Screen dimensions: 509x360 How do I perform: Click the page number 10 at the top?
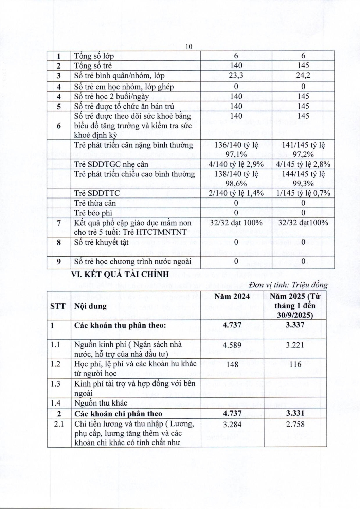pos(189,47)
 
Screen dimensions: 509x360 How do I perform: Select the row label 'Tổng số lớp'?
pos(94,56)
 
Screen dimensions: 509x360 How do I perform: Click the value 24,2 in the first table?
pos(303,75)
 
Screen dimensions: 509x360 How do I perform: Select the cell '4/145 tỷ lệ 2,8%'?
pos(303,165)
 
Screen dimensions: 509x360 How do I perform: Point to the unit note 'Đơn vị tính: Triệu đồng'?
pos(288,285)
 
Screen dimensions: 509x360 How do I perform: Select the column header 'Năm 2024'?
pos(232,296)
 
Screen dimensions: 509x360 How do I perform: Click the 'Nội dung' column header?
pos(90,306)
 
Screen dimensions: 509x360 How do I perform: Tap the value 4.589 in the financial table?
pos(232,345)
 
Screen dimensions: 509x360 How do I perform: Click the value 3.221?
pos(295,345)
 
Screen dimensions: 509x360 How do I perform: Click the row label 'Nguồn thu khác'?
pos(101,403)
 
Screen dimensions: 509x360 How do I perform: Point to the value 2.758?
pos(295,424)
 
